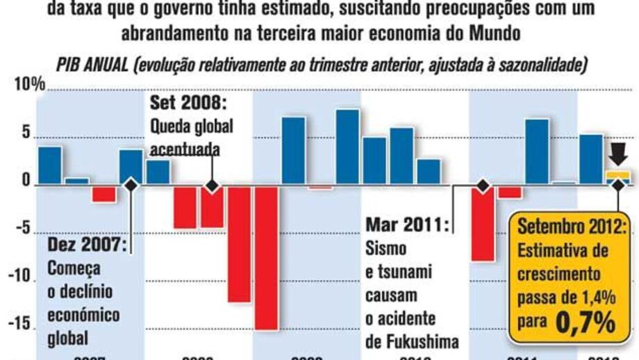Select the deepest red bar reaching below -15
click(x=266, y=257)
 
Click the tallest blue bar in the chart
click(x=347, y=147)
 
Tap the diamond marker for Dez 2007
click(x=131, y=186)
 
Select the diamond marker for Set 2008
click(x=212, y=186)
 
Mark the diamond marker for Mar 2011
click(x=482, y=186)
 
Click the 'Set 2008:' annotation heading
click(x=189, y=106)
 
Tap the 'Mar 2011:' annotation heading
click(x=407, y=224)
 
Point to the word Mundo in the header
click(x=492, y=33)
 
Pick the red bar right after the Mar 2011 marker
click(x=483, y=223)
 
